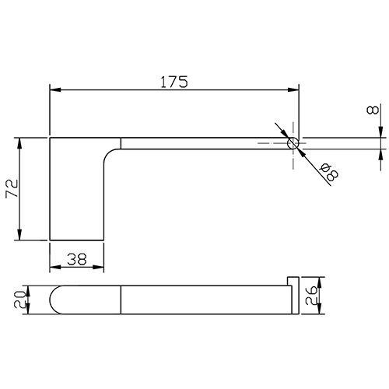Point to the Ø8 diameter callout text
[x=327, y=172]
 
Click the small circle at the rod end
[x=294, y=144]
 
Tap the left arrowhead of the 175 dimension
[x=54, y=90]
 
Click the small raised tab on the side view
[x=293, y=280]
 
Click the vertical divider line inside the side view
[x=122, y=300]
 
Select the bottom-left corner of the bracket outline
[x=50, y=240]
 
